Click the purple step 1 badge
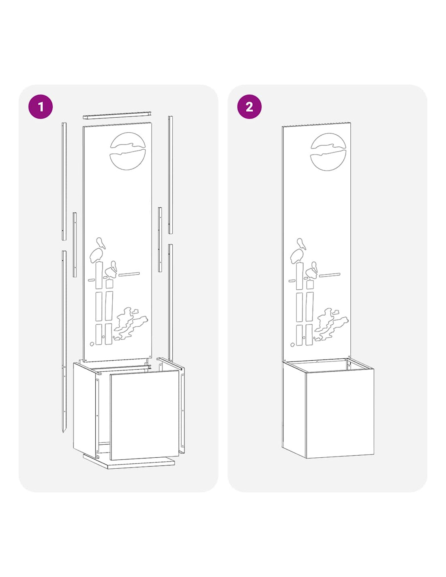point(41,107)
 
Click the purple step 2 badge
point(249,107)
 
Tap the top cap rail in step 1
point(117,115)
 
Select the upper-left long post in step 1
point(64,181)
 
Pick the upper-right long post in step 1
point(170,175)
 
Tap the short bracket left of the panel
point(75,245)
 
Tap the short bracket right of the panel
point(160,239)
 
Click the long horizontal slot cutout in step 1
point(129,274)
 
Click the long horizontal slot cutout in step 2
point(330,275)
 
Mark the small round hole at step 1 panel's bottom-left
point(92,344)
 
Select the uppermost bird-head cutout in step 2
point(301,243)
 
